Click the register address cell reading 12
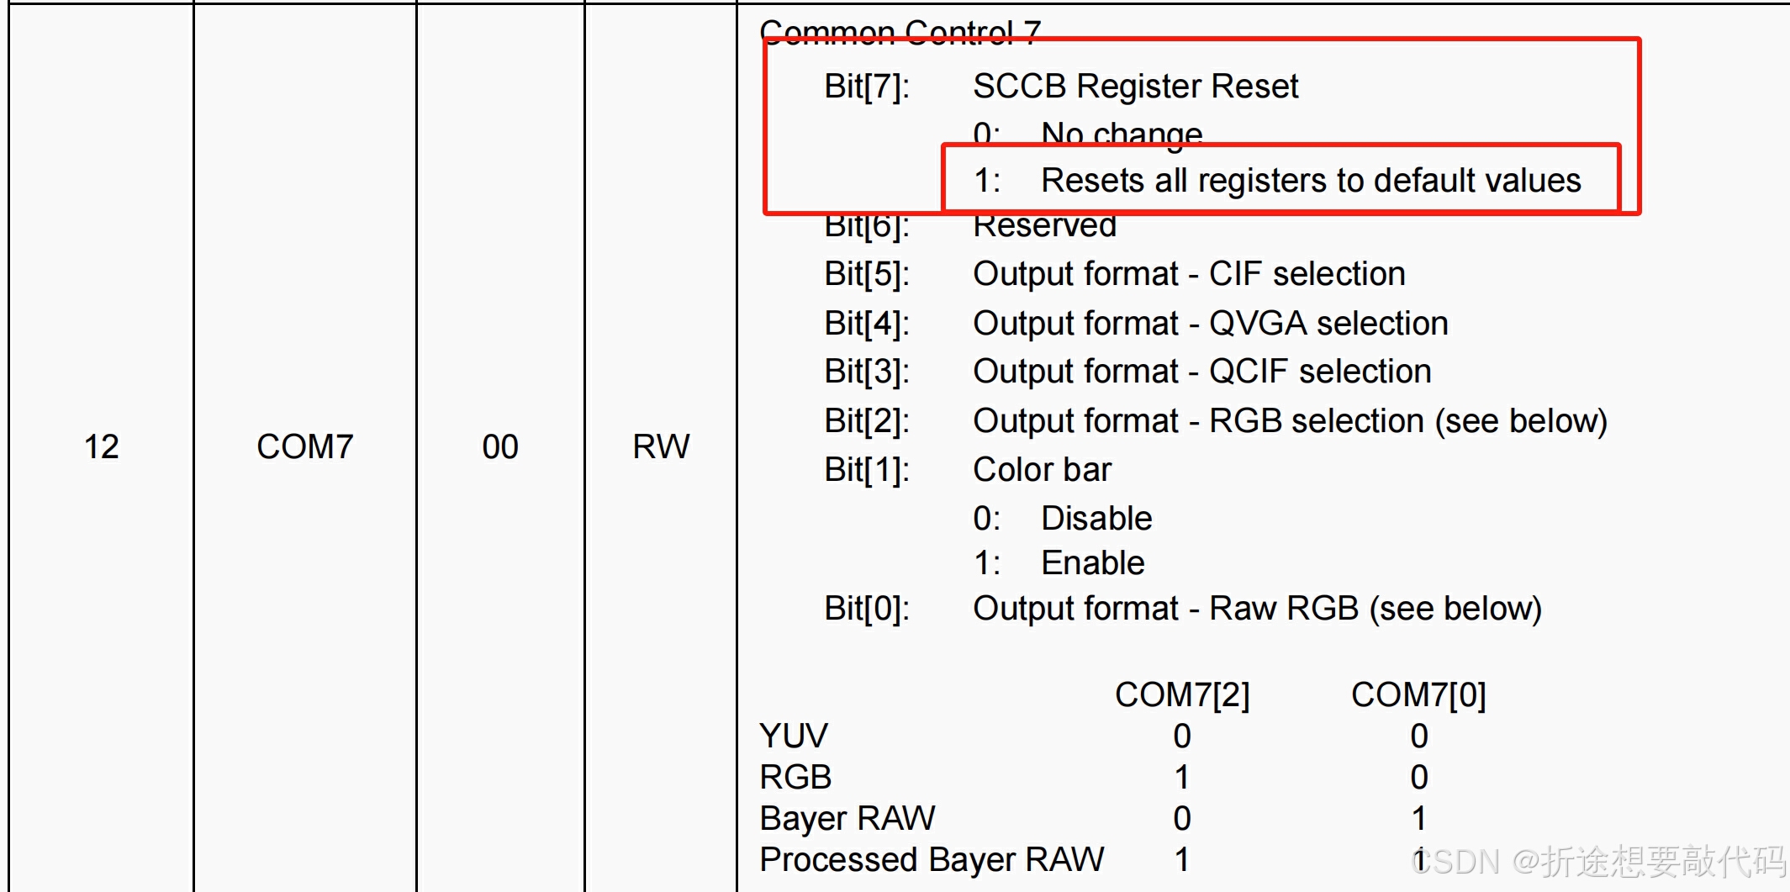[102, 446]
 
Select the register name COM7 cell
[304, 446]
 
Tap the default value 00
[500, 446]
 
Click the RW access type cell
[661, 446]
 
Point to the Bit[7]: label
[867, 87]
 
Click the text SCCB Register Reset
[1135, 87]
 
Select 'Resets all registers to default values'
[1311, 181]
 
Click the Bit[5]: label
[867, 274]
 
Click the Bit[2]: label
[867, 421]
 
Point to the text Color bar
[1042, 470]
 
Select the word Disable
[1096, 519]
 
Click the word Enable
[1093, 563]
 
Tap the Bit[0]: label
[867, 609]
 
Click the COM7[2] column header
[1182, 695]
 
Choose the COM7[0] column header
[1418, 695]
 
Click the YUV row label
[793, 736]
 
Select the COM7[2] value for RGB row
[1182, 778]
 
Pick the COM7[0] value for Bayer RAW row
[1419, 819]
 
